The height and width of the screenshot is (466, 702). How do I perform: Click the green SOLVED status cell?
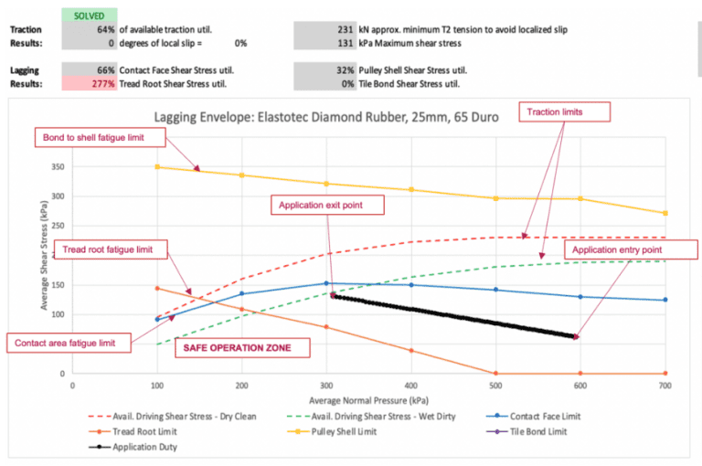click(90, 16)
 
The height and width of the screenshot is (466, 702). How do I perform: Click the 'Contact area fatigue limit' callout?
click(66, 344)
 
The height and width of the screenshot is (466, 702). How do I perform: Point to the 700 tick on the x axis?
click(665, 386)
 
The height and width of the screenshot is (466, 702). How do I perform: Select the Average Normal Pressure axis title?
click(368, 400)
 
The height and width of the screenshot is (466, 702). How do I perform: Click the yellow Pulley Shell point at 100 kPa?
click(157, 167)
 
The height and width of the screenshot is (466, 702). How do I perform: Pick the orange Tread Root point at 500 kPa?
click(495, 373)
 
